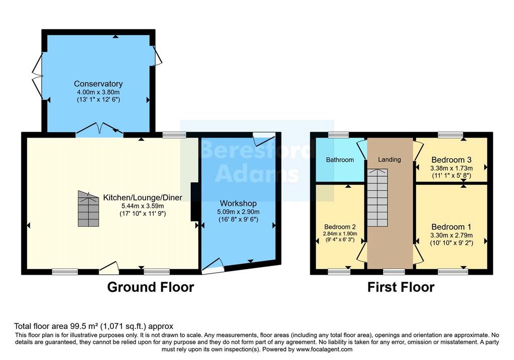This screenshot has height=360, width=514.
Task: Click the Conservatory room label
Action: [98, 84]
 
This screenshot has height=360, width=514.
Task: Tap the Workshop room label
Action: [238, 203]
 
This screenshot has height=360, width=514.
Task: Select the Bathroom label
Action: [340, 160]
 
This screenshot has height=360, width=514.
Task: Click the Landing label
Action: [390, 159]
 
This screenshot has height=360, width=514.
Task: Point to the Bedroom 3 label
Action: [451, 160]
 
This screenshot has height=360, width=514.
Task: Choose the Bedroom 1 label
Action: [451, 226]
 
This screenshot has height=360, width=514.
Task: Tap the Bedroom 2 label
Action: [340, 227]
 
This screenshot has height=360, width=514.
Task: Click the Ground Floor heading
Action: [151, 287]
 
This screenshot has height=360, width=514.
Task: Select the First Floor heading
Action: [401, 287]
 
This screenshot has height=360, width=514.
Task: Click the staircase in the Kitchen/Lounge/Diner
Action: [88, 208]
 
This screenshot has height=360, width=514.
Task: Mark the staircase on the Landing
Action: [377, 197]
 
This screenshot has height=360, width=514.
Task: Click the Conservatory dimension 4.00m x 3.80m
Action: [98, 92]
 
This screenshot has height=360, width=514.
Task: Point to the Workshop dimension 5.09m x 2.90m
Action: [238, 212]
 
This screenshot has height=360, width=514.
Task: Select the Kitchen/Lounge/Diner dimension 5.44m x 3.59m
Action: [143, 206]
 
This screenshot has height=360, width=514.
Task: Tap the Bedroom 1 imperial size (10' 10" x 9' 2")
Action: [451, 243]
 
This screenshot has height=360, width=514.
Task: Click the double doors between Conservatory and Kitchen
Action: [99, 129]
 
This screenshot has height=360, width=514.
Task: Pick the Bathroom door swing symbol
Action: [362, 150]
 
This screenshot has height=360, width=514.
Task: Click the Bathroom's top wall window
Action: [339, 135]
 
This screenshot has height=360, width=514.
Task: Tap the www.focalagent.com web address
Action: [324, 349]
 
